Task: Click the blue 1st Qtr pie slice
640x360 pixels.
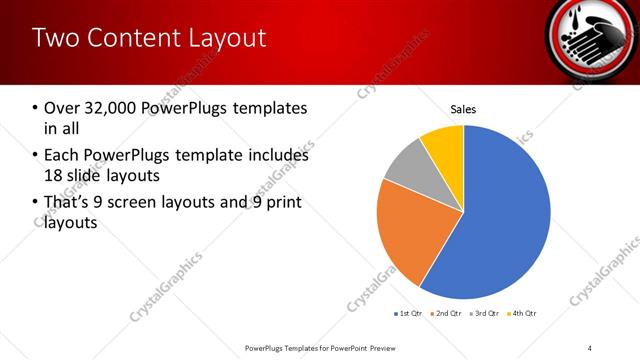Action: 500,215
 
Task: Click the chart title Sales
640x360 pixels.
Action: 463,110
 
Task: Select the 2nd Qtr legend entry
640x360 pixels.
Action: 447,314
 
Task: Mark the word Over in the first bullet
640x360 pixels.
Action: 62,108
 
